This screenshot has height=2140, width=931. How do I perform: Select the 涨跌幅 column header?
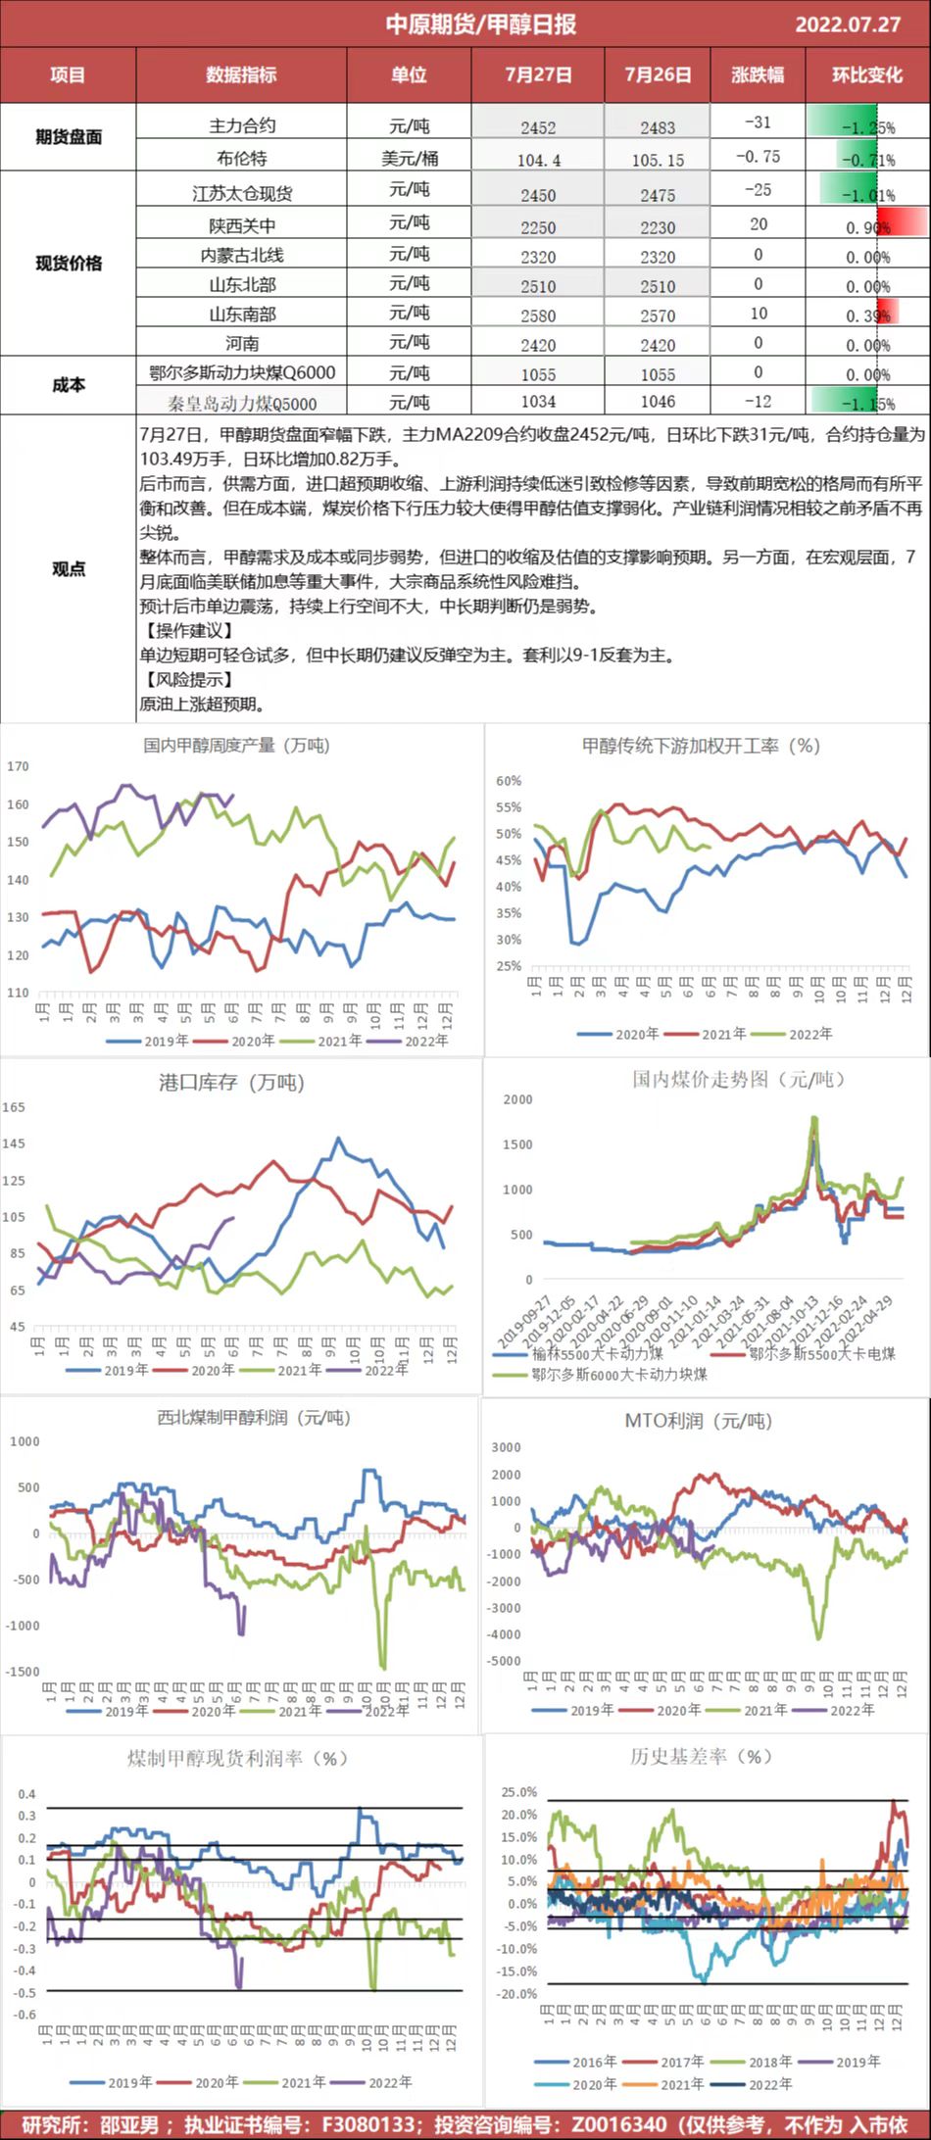[757, 74]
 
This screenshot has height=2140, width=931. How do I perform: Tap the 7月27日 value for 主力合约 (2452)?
[538, 127]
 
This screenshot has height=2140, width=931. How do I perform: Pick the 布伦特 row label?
[241, 158]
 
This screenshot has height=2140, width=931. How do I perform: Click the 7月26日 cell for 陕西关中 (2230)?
[658, 227]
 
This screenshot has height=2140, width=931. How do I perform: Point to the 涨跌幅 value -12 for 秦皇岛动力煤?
[758, 402]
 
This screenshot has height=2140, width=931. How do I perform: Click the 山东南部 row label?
[242, 314]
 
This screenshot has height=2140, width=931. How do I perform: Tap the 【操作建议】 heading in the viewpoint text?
[186, 630]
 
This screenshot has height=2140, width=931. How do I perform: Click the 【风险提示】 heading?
[186, 679]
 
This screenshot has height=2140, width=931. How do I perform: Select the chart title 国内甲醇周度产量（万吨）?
[237, 746]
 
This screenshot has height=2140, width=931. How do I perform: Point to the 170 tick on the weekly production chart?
[18, 766]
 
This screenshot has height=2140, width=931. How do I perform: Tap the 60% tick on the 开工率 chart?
[509, 781]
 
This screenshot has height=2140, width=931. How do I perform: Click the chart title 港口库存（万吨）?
[232, 1083]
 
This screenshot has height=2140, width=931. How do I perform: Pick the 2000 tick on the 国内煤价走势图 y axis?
[517, 1099]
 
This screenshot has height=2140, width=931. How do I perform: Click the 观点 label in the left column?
[68, 568]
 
